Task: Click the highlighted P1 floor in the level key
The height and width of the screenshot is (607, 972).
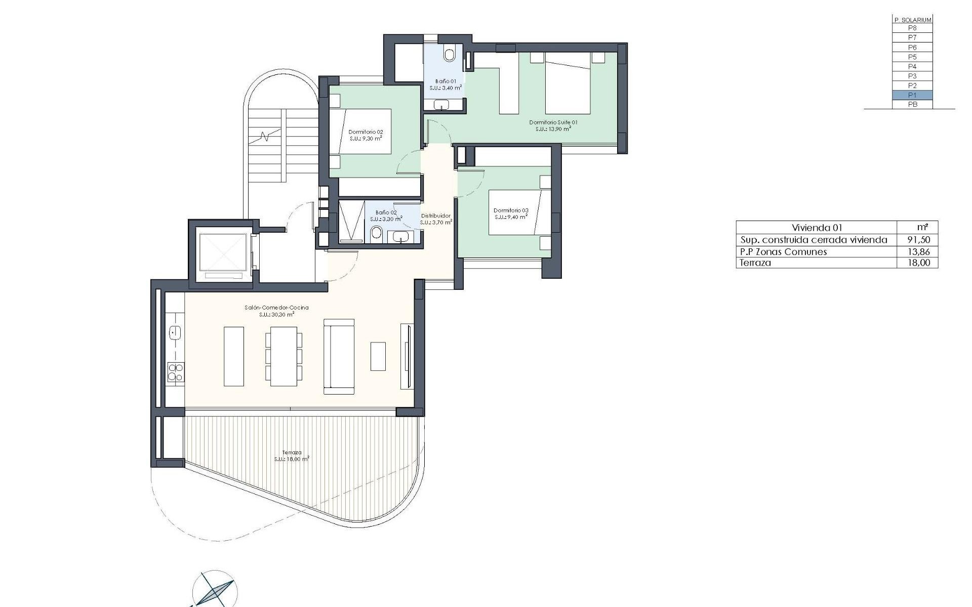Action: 912,95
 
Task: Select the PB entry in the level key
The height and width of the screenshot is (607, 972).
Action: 912,105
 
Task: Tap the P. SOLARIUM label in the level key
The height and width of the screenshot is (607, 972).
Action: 912,20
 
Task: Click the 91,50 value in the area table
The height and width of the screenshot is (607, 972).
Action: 919,240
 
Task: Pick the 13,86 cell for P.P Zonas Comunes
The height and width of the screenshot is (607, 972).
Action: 919,251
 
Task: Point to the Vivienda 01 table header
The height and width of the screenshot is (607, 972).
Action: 817,228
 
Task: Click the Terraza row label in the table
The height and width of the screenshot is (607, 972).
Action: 755,263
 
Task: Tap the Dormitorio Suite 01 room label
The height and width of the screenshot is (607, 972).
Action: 553,122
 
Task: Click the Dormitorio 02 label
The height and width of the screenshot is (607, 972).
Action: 366,132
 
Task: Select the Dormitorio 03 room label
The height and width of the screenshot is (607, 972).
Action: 510,210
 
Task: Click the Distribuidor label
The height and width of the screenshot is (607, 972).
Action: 435,216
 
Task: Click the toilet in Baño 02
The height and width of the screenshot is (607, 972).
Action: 376,234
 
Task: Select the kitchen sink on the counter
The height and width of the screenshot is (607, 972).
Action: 175,332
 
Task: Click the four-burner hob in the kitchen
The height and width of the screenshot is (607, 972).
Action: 175,372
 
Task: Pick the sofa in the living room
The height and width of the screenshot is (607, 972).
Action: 339,357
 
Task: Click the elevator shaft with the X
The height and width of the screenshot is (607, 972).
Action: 223,251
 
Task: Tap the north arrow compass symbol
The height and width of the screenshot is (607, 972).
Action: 215,590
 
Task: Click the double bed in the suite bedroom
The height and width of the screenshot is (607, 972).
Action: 568,85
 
